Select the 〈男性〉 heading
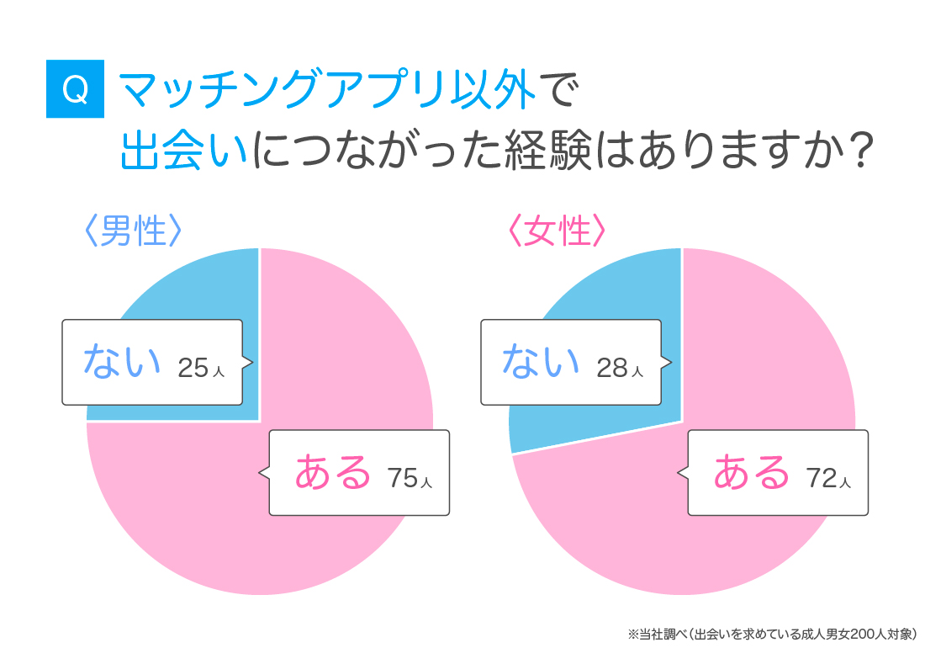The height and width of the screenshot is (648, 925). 133,229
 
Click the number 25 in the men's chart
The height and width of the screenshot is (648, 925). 193,368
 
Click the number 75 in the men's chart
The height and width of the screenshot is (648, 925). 403,478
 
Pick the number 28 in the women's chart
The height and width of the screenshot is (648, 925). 612,368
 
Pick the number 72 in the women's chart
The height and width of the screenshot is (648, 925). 822,478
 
